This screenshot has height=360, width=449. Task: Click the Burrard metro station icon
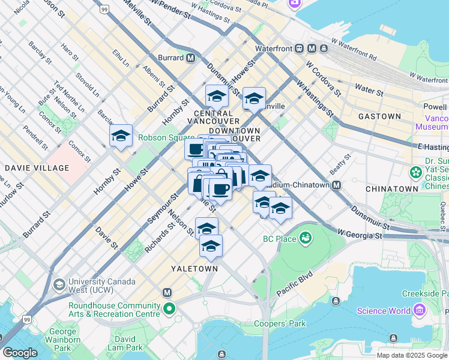click(x=190, y=58)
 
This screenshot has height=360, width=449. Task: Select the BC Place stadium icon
click(x=306, y=238)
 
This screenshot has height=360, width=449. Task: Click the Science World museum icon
click(x=418, y=310)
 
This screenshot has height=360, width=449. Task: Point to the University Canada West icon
click(x=59, y=284)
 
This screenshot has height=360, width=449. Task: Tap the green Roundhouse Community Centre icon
click(x=170, y=310)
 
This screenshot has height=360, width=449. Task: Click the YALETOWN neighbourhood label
click(x=194, y=269)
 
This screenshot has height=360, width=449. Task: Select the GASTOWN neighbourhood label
click(x=379, y=116)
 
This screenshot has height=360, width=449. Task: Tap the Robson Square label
click(x=159, y=137)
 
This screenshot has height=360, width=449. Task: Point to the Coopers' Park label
click(x=280, y=324)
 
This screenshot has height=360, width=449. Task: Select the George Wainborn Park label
click(x=62, y=340)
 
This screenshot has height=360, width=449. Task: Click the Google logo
click(x=20, y=352)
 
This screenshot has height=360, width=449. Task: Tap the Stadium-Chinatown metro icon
click(x=336, y=185)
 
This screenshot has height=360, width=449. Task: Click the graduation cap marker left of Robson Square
click(x=121, y=136)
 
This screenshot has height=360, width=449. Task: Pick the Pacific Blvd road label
click(x=295, y=285)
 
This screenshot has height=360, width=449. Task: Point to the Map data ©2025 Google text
click(x=412, y=355)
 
